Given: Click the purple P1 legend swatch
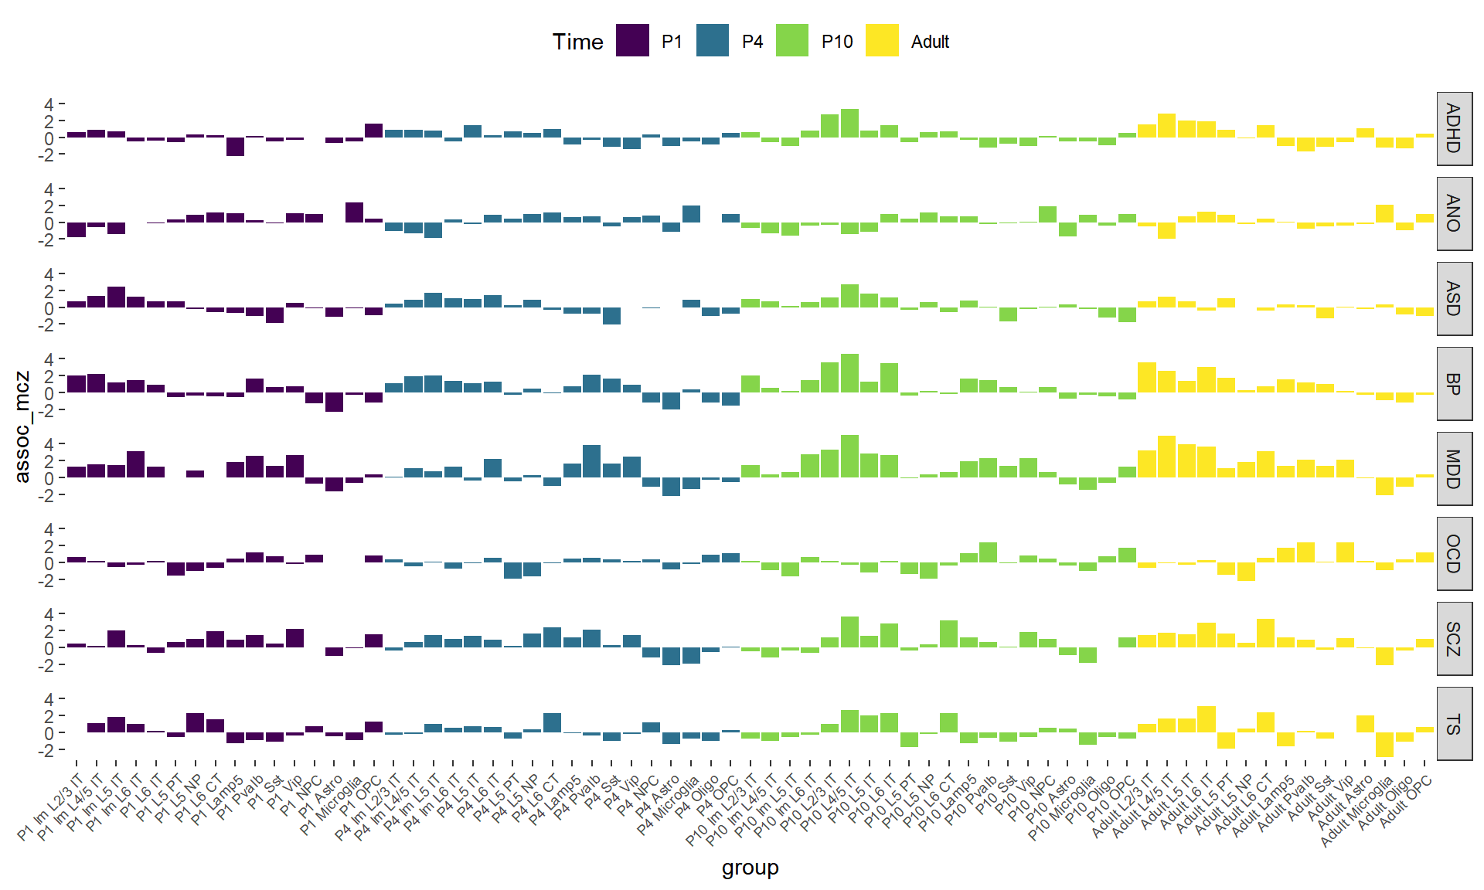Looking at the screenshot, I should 632,41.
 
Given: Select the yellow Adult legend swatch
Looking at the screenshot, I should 882,41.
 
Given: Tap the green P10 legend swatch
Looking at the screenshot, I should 792,41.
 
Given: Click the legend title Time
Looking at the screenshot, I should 577,42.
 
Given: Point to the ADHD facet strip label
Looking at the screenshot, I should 1453,128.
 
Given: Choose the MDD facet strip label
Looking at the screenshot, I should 1453,469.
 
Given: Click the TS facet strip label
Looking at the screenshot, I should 1453,724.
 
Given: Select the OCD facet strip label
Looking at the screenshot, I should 1453,554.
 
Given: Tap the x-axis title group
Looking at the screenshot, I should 750,868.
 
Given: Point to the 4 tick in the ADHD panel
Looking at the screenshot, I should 49,104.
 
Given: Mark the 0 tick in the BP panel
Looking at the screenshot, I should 49,393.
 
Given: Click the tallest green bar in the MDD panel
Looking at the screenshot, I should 849,457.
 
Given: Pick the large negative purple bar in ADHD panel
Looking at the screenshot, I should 235,147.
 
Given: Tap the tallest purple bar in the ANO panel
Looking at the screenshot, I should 354,212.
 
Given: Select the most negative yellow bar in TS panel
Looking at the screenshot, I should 1384,744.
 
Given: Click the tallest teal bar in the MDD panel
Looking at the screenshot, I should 591,461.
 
